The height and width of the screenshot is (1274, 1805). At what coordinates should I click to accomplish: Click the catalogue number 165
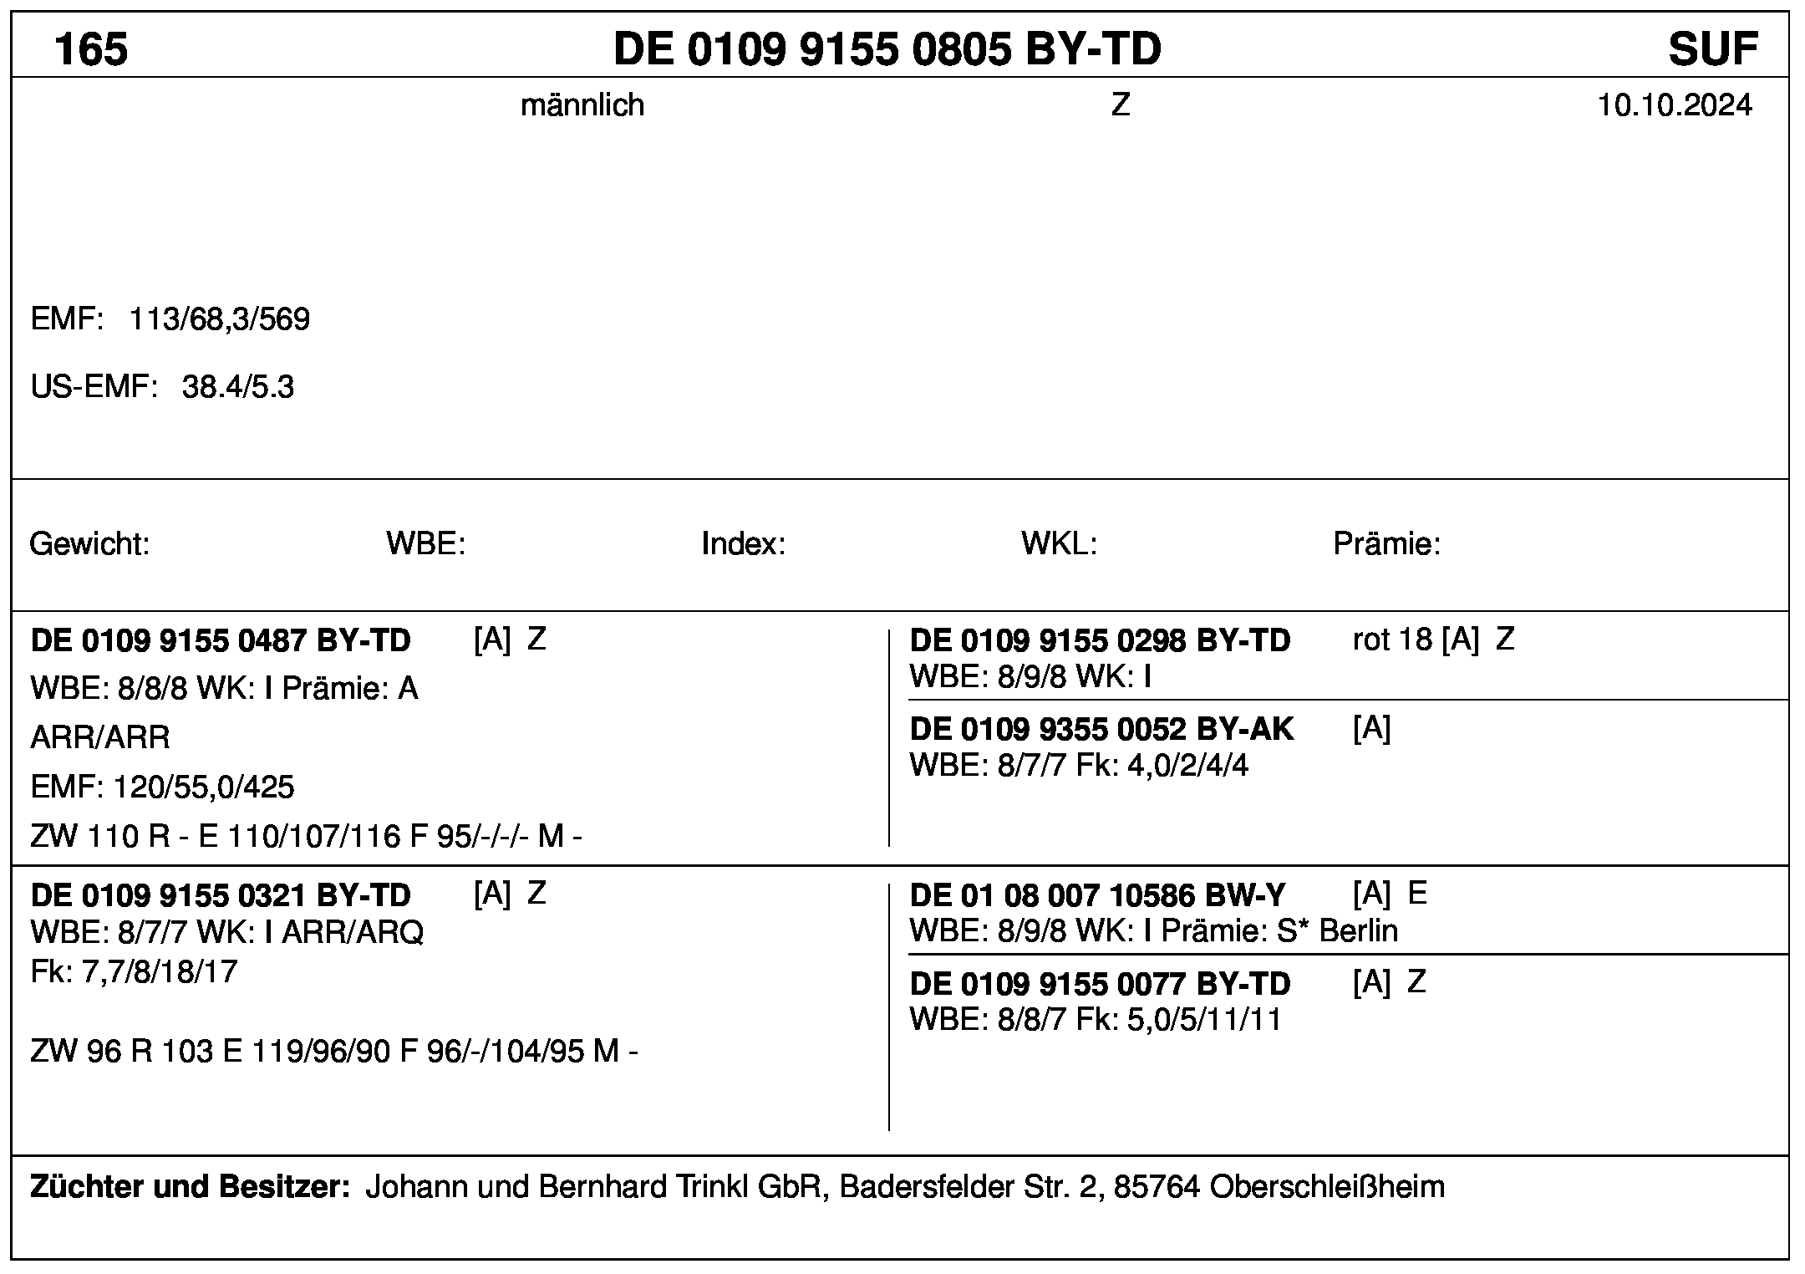(91, 48)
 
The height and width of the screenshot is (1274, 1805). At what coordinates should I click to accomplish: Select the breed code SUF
(1713, 48)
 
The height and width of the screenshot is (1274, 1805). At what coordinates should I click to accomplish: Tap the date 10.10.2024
(1675, 105)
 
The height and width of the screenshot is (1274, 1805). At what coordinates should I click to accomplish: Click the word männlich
(582, 105)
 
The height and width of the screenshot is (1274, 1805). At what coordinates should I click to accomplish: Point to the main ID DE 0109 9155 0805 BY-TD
(887, 48)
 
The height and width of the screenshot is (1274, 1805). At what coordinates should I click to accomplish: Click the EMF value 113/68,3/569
(219, 319)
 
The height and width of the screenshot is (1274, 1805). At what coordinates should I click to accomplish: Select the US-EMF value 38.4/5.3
(238, 388)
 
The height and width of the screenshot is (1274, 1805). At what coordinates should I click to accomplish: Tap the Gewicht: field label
(89, 544)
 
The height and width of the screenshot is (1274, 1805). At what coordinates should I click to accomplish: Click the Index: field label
(743, 544)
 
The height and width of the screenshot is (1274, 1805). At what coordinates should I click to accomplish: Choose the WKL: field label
(1058, 544)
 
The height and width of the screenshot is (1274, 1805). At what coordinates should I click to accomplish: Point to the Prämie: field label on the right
(1386, 544)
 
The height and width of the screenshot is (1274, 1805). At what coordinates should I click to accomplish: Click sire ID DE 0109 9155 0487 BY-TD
(221, 640)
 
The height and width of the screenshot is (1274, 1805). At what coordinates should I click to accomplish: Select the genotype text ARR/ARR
(100, 737)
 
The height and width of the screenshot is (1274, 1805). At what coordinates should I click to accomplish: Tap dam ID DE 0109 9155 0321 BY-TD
(221, 895)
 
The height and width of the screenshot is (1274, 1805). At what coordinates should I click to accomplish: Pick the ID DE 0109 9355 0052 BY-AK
(1101, 730)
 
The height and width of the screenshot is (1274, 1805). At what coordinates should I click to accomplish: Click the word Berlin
(1358, 930)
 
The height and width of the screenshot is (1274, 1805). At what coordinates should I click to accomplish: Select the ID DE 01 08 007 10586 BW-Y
(1097, 895)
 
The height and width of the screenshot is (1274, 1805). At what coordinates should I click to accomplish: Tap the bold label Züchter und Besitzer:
(190, 1186)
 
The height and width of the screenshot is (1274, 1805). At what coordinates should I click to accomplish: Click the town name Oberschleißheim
(1326, 1186)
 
